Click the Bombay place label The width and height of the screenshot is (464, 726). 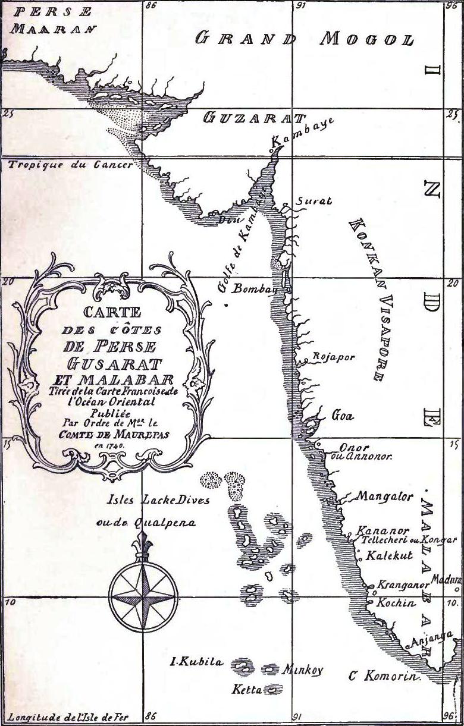255,290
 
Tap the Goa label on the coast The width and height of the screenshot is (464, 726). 342,416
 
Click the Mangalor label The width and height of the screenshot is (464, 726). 385,496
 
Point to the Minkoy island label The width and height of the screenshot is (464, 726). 302,670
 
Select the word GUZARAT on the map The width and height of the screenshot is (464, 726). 254,118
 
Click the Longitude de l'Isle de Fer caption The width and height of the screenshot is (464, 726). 68,716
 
